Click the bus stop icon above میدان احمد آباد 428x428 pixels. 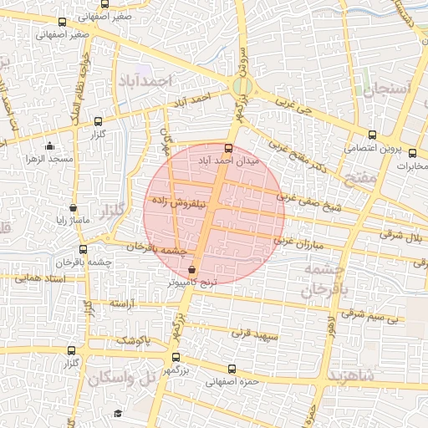point(230,148)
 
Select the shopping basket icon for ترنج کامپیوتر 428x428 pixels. point(193,270)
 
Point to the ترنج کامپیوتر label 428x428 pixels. point(193,283)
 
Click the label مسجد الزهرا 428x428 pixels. point(49,158)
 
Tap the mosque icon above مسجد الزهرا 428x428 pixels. point(49,146)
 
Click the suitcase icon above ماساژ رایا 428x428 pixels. point(73,208)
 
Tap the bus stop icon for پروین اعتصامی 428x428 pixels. point(373,135)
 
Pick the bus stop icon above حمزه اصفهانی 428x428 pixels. point(231,370)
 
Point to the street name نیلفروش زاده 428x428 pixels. point(177,202)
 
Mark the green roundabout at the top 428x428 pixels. point(242,85)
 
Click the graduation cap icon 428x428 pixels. point(118,413)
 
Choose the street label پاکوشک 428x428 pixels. point(132,341)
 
